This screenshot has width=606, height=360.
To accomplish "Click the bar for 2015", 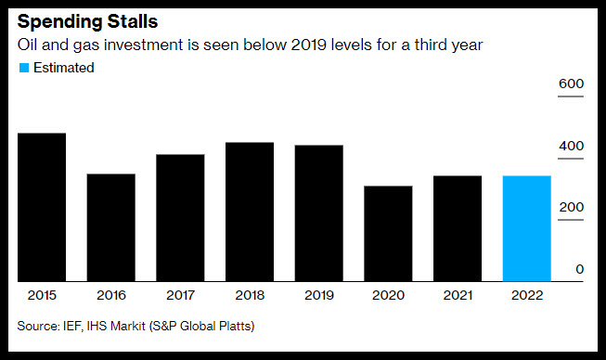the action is coord(42,207).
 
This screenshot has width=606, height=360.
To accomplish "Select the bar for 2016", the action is coord(111,227).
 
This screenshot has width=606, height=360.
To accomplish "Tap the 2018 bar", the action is coord(250,212).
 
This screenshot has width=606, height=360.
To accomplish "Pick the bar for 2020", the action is coord(388,234).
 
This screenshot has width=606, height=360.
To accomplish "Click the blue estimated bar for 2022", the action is coord(527,228).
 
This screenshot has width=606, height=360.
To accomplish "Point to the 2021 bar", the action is coord(458,228).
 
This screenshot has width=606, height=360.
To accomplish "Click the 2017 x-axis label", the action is coord(180,295).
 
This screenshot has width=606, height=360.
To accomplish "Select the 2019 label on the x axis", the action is coord(319,295).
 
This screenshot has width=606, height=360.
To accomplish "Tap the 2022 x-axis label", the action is coord(527,295).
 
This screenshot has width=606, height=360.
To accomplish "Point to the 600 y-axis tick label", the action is coord(572,84).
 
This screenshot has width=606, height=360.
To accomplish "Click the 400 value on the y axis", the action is coord(572,146).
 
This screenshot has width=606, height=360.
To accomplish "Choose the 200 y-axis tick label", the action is coord(572,207).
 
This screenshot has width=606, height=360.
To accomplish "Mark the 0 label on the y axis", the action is coord(579,269).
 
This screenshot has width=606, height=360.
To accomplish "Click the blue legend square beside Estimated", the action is coord(24,68).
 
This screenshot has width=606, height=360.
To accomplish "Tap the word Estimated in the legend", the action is coord(64,68).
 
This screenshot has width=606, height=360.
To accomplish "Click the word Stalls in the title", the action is coord(133,21).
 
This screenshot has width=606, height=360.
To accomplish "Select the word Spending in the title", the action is coord(60,22).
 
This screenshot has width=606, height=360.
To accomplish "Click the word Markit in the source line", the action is coord(127,326).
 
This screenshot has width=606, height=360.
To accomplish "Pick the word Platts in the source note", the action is coord(237,326).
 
